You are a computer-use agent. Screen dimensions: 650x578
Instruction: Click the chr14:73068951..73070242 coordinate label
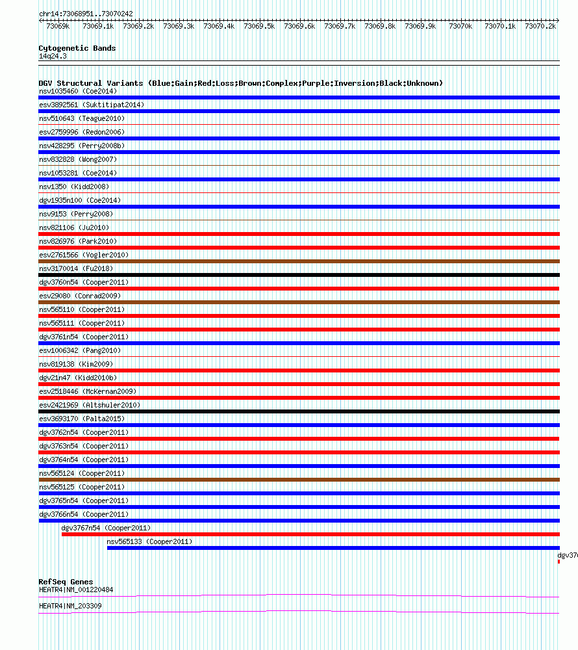pyautogui.click(x=86, y=14)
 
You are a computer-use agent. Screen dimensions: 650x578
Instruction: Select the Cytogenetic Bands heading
pyautogui.click(x=77, y=48)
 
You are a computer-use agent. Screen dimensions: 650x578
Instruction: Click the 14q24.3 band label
pyautogui.click(x=53, y=56)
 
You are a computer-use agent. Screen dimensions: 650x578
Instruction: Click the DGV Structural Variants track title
pyautogui.click(x=240, y=83)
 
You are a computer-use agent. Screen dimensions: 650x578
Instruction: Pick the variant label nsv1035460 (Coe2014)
pyautogui.click(x=78, y=91)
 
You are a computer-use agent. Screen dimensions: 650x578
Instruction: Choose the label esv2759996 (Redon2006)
pyautogui.click(x=82, y=132)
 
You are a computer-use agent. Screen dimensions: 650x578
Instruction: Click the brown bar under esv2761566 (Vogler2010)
pyautogui.click(x=299, y=261)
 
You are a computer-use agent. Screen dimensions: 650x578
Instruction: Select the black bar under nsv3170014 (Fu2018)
pyautogui.click(x=299, y=275)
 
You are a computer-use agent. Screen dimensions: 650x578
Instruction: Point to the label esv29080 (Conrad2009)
pyautogui.click(x=80, y=296)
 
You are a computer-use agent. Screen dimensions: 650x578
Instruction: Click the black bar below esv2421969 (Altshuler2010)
pyautogui.click(x=299, y=411)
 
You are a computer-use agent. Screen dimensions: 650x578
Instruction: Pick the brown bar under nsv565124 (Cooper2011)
pyautogui.click(x=299, y=480)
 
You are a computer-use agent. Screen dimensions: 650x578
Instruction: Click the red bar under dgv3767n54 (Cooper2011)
pyautogui.click(x=310, y=534)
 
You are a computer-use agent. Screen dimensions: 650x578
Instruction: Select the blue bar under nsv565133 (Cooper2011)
pyautogui.click(x=333, y=548)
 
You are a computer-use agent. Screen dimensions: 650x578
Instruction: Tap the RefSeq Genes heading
pyautogui.click(x=66, y=582)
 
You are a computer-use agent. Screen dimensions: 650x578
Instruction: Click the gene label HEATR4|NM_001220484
pyautogui.click(x=76, y=590)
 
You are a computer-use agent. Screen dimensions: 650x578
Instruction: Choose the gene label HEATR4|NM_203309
pyautogui.click(x=70, y=606)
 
